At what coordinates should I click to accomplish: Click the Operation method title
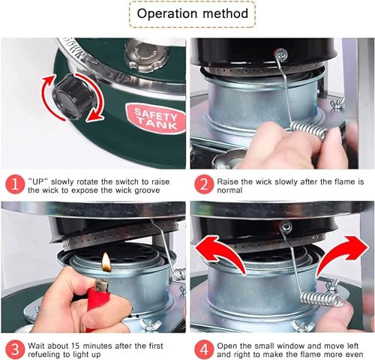[192, 13]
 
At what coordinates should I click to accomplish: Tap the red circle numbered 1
[15, 184]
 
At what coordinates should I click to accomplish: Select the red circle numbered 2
[204, 184]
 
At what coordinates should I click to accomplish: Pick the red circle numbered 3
[15, 349]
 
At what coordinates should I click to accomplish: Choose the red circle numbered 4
[204, 349]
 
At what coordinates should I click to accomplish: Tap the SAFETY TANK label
[156, 118]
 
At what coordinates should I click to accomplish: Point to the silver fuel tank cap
[146, 56]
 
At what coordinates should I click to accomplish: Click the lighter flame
[106, 262]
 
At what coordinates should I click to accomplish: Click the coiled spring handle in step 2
[310, 130]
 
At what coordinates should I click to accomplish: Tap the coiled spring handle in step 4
[322, 299]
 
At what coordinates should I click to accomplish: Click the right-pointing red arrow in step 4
[343, 255]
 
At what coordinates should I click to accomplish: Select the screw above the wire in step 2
[281, 54]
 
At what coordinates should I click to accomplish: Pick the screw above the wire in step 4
[286, 227]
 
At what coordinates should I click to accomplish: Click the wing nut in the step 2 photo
[337, 103]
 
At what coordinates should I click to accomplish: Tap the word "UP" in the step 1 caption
[38, 181]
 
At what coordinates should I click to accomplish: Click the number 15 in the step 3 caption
[76, 346]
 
